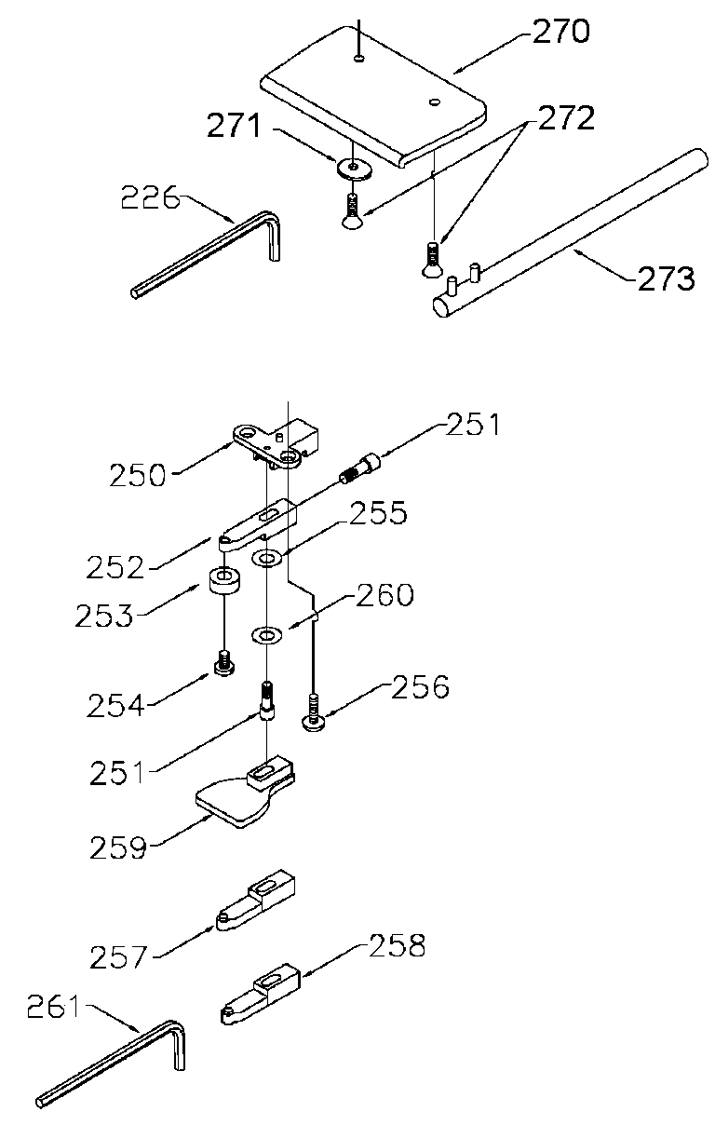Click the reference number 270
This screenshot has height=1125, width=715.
click(x=560, y=32)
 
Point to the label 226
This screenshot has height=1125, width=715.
click(x=150, y=197)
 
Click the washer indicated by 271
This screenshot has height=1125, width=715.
click(x=355, y=169)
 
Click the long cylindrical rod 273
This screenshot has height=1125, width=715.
click(x=570, y=234)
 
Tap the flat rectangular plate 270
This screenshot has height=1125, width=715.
click(x=373, y=97)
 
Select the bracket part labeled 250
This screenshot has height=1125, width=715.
click(x=277, y=443)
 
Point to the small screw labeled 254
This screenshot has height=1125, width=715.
click(x=224, y=663)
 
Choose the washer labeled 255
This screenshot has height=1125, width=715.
click(x=266, y=557)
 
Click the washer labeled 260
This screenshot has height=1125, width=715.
click(x=266, y=635)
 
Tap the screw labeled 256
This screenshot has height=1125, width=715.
click(x=314, y=712)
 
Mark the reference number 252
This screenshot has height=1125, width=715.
click(x=115, y=567)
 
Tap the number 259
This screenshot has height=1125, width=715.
click(x=118, y=847)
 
